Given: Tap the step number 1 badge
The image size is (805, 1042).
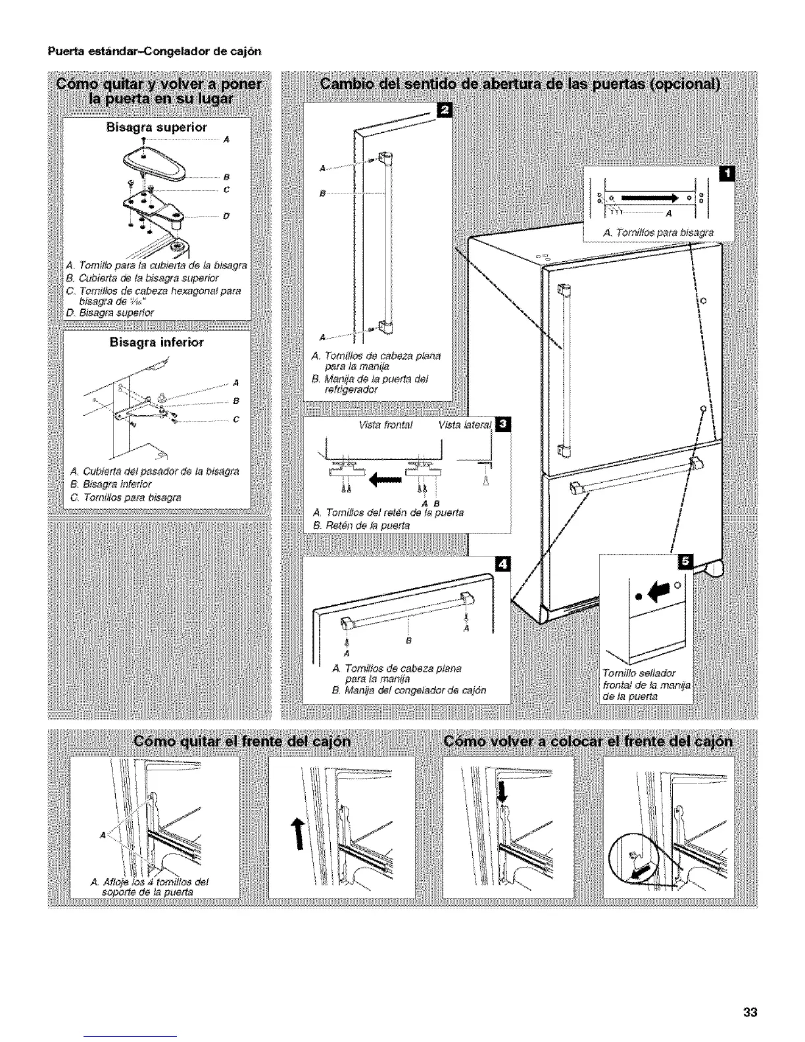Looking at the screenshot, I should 728,174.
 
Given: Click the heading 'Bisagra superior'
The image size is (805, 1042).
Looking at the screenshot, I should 157,126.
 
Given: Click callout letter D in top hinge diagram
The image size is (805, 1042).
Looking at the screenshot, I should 226,215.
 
